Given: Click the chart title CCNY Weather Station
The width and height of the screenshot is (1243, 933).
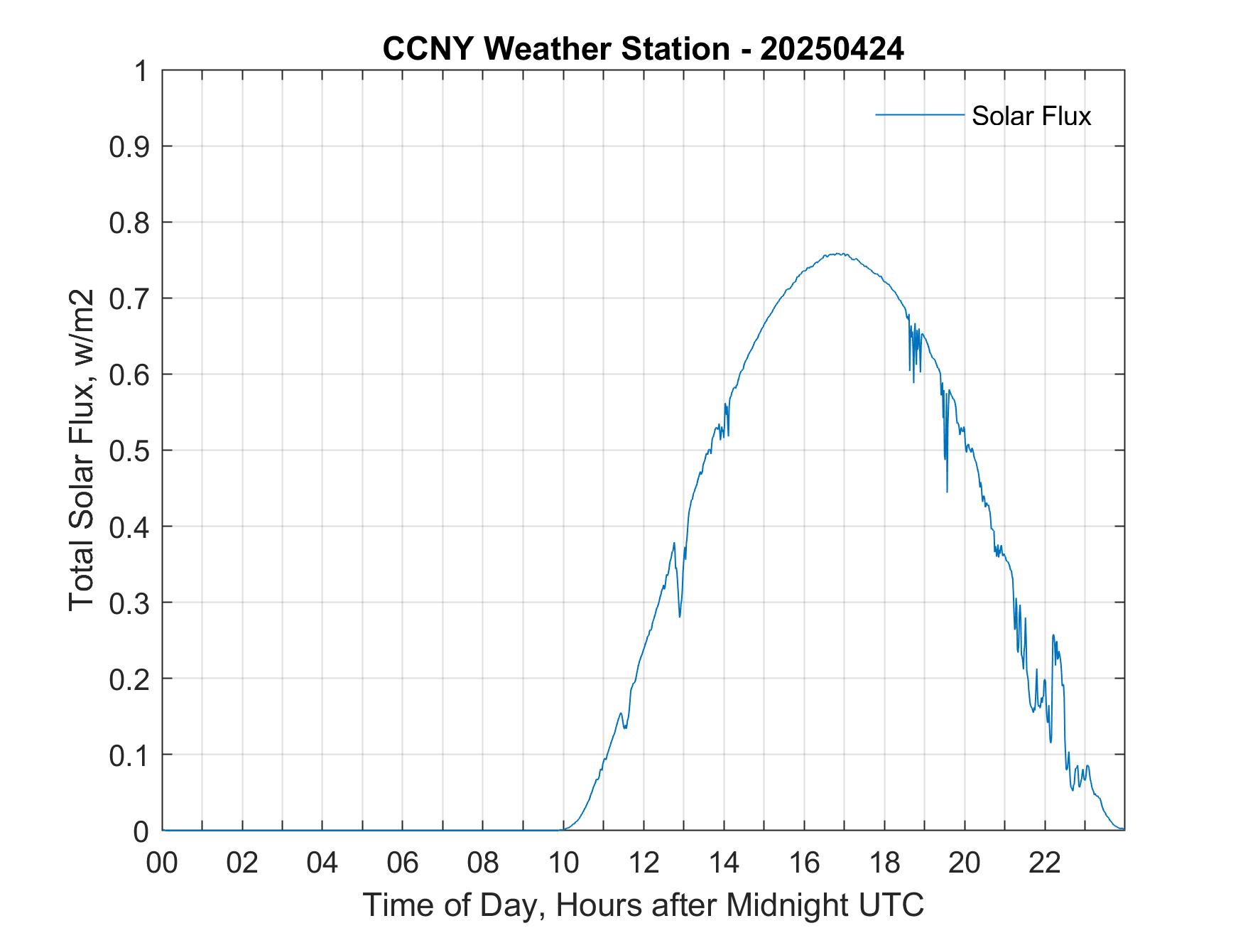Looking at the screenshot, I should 555,49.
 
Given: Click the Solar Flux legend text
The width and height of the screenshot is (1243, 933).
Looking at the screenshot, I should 1031,116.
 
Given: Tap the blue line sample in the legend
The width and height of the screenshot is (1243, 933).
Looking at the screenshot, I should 919,114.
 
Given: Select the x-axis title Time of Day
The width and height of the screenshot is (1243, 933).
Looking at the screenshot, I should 643,905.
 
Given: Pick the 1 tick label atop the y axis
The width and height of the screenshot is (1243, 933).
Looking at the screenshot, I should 141,71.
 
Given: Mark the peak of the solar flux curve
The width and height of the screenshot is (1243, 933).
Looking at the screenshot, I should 838,254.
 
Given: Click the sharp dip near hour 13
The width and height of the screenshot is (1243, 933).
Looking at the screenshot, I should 680,615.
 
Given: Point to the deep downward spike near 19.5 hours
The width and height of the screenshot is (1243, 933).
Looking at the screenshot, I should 947,490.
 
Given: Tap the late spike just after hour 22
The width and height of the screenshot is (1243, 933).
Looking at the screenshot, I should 1053,636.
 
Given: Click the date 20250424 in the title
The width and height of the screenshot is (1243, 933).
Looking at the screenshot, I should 832,49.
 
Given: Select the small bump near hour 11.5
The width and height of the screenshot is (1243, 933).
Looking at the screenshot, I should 621,713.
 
